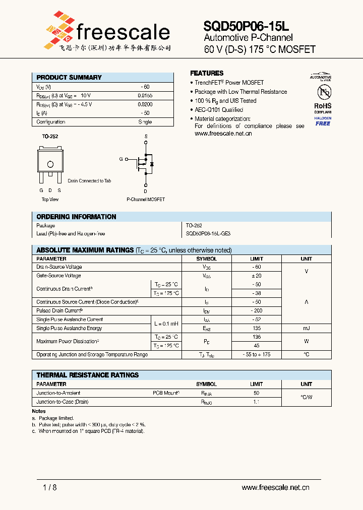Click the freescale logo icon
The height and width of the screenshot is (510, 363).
pos(59,31)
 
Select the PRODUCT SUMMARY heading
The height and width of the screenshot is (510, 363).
pos(69,78)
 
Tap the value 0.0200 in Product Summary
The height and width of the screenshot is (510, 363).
pos(145,104)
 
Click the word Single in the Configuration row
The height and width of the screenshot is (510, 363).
pos(145,122)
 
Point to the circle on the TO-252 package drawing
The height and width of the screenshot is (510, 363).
pos(50,164)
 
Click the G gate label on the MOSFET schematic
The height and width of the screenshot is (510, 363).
pos(121,159)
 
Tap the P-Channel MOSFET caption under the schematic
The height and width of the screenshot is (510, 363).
pos(146,200)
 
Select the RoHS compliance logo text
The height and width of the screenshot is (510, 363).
pos(323,106)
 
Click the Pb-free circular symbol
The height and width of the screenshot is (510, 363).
pos(323,92)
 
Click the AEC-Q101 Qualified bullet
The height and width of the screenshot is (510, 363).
pos(219,110)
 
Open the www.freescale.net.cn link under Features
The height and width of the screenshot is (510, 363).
pos(223,134)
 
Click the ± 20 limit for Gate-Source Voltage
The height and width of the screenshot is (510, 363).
pos(256,276)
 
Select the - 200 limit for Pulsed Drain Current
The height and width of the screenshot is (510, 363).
pos(256,311)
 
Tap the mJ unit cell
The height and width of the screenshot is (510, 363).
pos(306,328)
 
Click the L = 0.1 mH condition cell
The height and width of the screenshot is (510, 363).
pos(166,324)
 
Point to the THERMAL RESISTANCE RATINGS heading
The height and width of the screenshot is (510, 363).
pos(88,375)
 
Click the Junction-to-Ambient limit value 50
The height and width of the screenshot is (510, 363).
pos(256,393)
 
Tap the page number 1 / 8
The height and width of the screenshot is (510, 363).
pos(49,487)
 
